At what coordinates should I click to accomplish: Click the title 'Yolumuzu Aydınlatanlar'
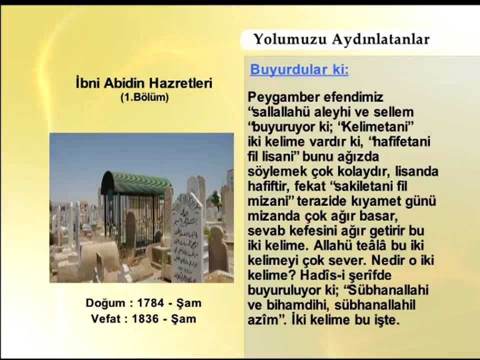341,39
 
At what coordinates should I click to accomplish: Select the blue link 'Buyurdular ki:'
299,70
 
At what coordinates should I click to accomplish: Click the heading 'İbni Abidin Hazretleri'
144,83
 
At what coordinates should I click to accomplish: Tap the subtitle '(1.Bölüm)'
144,97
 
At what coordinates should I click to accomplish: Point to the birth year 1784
150,303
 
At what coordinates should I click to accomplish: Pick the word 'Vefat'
106,318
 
